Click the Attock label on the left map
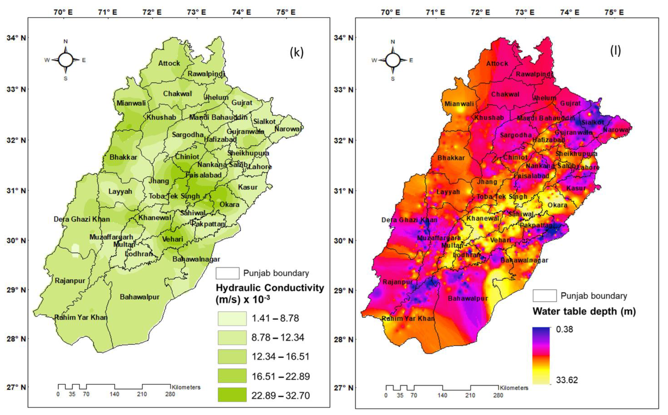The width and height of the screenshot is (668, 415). [x=169, y=63]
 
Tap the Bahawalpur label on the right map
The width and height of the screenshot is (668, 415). [x=468, y=298]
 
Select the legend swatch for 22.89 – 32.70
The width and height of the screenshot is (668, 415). [x=232, y=395]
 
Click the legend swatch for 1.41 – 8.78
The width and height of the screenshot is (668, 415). [x=232, y=318]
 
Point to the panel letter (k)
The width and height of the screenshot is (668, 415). [x=297, y=52]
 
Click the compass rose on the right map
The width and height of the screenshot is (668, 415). [x=393, y=60]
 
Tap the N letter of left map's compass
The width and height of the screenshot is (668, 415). [x=66, y=41]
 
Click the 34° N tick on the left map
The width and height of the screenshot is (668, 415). [x=16, y=38]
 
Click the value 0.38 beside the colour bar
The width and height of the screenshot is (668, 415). [x=564, y=329]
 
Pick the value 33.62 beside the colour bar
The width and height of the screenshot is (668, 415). [x=567, y=380]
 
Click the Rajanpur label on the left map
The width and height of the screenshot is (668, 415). [x=70, y=280]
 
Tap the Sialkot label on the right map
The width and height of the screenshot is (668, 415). [x=593, y=122]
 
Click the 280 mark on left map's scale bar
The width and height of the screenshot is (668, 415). [x=170, y=394]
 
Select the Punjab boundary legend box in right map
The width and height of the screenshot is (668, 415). [x=545, y=296]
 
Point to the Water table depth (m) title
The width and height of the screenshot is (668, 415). [x=584, y=311]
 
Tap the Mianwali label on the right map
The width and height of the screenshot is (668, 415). [x=459, y=104]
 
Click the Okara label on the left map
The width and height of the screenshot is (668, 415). [x=229, y=204]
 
